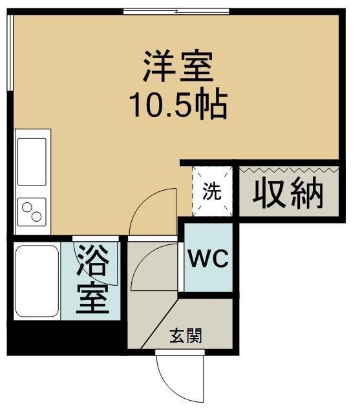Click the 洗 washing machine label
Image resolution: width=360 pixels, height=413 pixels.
point(211,192)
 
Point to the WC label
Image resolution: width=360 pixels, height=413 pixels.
point(207,260)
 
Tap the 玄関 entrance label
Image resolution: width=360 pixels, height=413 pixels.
point(185,335)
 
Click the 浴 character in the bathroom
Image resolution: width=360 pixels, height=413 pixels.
point(92,262)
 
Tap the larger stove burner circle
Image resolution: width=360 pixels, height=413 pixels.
point(28,208)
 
